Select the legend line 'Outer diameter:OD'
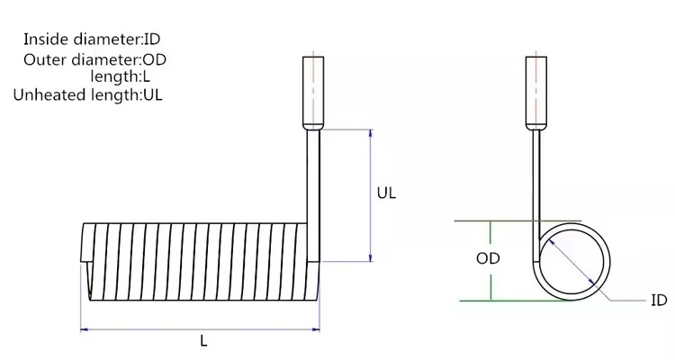click(x=95, y=59)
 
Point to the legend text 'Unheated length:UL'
click(x=88, y=94)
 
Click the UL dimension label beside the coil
click(x=386, y=193)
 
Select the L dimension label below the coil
click(x=203, y=341)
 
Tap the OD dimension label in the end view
click(x=488, y=258)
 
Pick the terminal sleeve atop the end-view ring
click(x=535, y=91)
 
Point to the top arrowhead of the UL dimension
click(x=370, y=133)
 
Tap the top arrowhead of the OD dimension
click(x=490, y=224)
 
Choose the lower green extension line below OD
click(x=504, y=300)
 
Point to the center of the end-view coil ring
click(x=574, y=260)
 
